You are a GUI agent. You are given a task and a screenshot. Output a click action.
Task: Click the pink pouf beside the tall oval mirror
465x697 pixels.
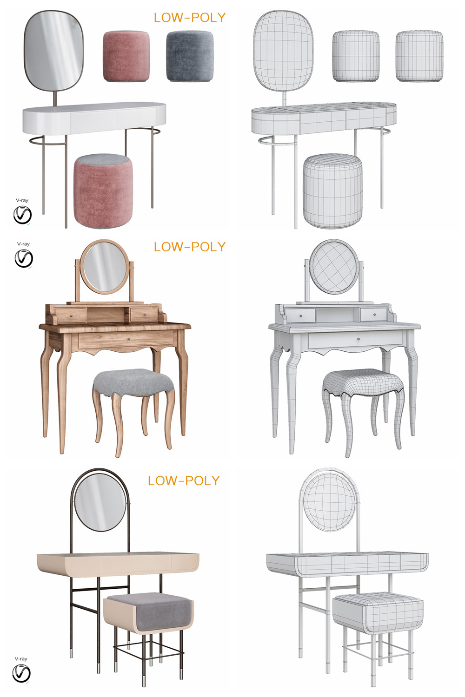tap(126, 56)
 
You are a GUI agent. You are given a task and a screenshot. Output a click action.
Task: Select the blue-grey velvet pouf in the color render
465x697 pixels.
tap(190, 56)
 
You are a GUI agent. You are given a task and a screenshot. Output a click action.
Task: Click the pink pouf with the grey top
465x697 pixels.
tap(103, 191)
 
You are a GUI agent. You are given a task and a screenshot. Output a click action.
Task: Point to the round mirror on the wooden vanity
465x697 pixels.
tap(105, 267)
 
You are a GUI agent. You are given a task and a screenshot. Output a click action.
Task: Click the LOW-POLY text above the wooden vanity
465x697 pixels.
tap(190, 247)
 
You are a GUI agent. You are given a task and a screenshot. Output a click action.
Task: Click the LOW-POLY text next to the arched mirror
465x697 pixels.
tap(184, 481)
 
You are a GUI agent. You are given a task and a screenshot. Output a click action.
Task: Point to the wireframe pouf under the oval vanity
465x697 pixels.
tap(332, 191)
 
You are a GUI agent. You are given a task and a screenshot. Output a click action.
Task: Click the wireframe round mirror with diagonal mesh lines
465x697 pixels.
tap(334, 267)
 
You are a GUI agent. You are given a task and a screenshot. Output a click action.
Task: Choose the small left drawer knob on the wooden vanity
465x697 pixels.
tap(71, 316)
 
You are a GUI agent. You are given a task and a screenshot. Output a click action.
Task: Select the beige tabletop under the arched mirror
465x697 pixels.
tap(118, 563)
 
